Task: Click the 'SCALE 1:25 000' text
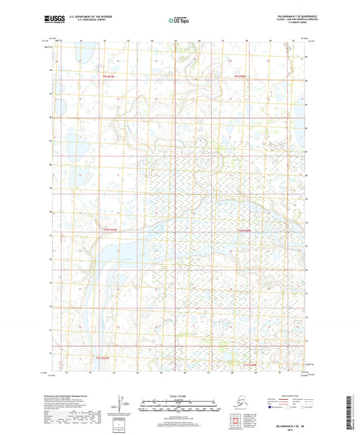[179, 395]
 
